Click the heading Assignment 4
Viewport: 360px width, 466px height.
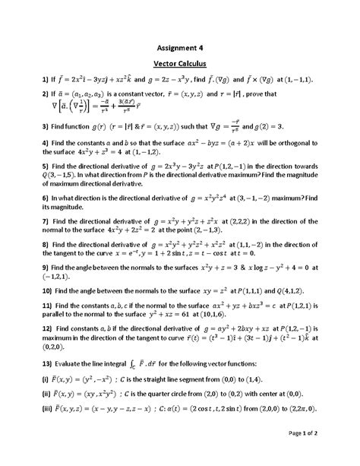tap(181, 43)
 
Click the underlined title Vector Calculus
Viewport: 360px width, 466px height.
tap(181, 63)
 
